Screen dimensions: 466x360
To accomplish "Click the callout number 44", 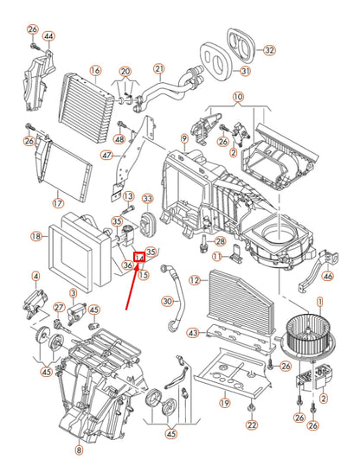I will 48,36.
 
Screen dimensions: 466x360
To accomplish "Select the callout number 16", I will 95,70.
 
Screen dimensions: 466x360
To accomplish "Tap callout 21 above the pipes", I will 159,68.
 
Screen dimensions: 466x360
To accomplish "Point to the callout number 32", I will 269,50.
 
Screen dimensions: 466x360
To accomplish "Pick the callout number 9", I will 184,138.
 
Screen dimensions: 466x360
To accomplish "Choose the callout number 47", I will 106,156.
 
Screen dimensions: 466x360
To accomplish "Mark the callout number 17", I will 58,204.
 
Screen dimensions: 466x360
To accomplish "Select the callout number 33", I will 147,198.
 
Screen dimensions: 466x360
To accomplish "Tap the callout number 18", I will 35,236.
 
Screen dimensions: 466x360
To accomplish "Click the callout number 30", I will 167,301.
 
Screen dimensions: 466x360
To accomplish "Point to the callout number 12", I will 196,279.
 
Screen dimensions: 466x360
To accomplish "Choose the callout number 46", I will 327,277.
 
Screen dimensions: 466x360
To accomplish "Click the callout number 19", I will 223,402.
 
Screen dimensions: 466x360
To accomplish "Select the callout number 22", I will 251,425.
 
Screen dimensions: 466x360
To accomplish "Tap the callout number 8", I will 79,450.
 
